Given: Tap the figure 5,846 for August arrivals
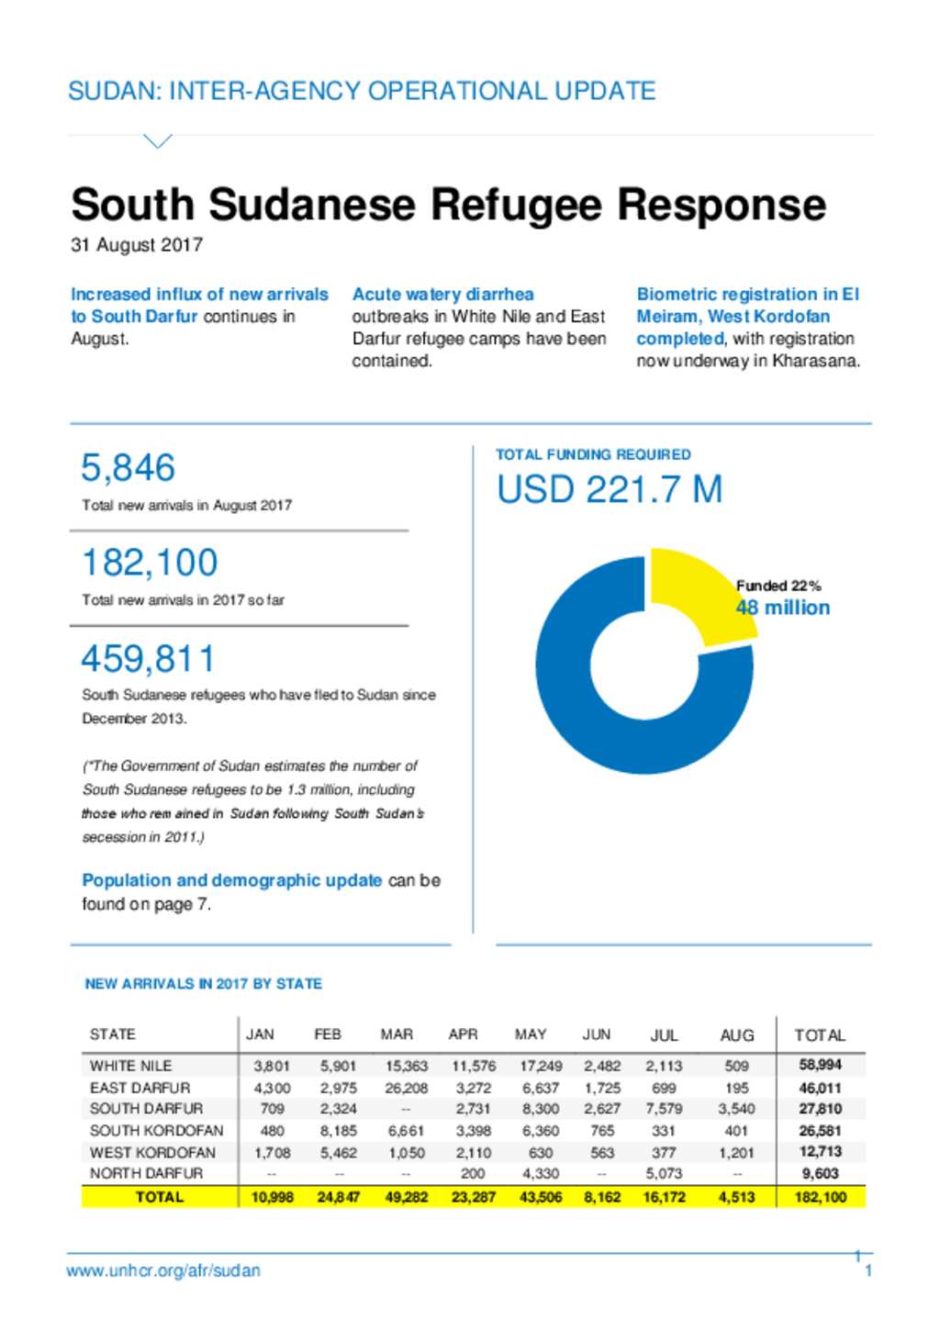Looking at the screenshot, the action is [128, 467].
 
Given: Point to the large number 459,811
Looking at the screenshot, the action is [148, 658].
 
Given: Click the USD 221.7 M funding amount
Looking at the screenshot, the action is [610, 489].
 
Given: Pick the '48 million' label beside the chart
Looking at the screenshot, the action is [783, 608].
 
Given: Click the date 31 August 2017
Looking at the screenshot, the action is [137, 245].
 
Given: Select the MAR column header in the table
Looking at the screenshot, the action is [397, 1035].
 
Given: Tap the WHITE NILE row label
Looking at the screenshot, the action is [130, 1066].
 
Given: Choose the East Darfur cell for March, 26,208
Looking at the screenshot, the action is [406, 1088].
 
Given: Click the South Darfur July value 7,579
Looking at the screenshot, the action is [664, 1109].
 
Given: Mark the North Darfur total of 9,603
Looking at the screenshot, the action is [820, 1173].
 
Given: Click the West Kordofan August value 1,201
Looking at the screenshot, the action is [736, 1153].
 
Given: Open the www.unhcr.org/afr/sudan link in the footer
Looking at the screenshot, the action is [163, 1270].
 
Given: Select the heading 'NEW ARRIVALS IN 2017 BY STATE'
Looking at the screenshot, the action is [203, 984].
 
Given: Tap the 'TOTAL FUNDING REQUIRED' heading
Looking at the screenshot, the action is [593, 455].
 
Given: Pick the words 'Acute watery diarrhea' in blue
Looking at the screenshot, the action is [443, 295].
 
